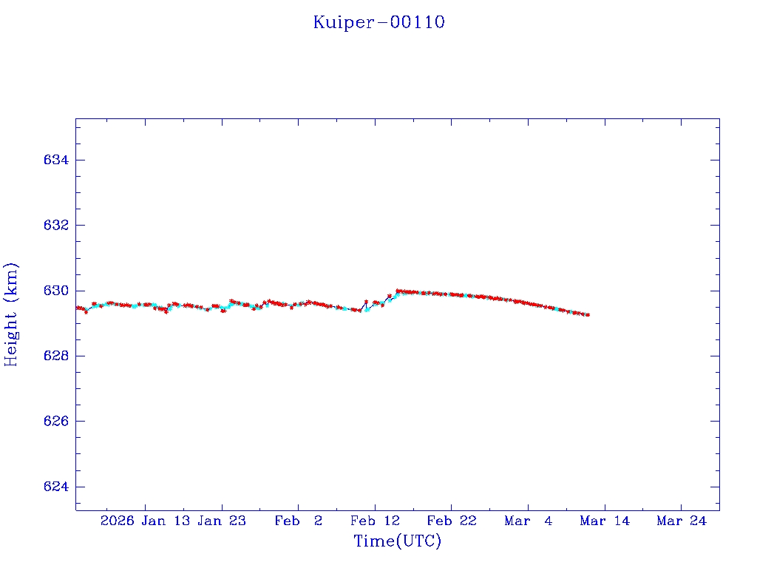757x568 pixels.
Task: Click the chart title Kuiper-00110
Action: pos(378,22)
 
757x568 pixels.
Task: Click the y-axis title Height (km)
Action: pos(11,314)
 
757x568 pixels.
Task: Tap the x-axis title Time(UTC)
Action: pos(397,541)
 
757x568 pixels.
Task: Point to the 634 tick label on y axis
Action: pos(57,160)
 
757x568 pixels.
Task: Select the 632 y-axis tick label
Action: pos(57,226)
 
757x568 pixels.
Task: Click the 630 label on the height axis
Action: pos(57,291)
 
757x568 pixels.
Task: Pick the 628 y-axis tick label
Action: pos(57,356)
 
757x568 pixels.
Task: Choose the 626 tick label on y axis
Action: pos(57,422)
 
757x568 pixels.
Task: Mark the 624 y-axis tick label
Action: pos(57,487)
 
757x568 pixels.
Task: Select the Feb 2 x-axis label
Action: pos(298,521)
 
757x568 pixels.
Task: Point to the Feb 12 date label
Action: pos(375,521)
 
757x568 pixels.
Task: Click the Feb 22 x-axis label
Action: pos(452,521)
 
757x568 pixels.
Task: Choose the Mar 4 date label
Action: pos(529,521)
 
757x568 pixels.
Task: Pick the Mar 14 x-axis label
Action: pos(605,521)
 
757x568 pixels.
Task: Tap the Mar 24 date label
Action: pos(682,521)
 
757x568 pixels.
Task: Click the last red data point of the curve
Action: pos(588,315)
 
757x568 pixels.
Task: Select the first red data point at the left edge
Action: pos(77,308)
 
